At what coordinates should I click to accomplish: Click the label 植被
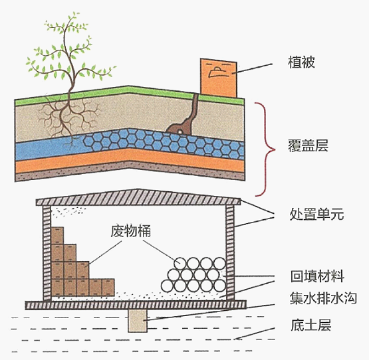click(x=301, y=62)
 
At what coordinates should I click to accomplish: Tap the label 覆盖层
click(x=308, y=145)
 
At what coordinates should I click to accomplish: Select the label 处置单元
click(x=316, y=214)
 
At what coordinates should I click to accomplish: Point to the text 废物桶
click(x=131, y=231)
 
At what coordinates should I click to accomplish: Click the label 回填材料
click(x=317, y=276)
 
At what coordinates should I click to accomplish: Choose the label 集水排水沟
click(x=323, y=298)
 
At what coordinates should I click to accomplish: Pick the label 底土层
click(x=311, y=325)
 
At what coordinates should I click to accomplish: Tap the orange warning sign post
click(x=218, y=78)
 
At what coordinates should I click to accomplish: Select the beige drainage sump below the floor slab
click(x=138, y=321)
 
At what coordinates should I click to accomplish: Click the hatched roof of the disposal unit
click(x=138, y=197)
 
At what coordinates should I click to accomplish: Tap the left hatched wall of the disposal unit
click(x=47, y=253)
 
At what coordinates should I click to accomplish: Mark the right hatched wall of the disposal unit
click(x=230, y=253)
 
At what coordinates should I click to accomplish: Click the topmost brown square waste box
click(x=57, y=235)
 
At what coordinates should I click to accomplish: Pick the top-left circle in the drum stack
click(x=180, y=263)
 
